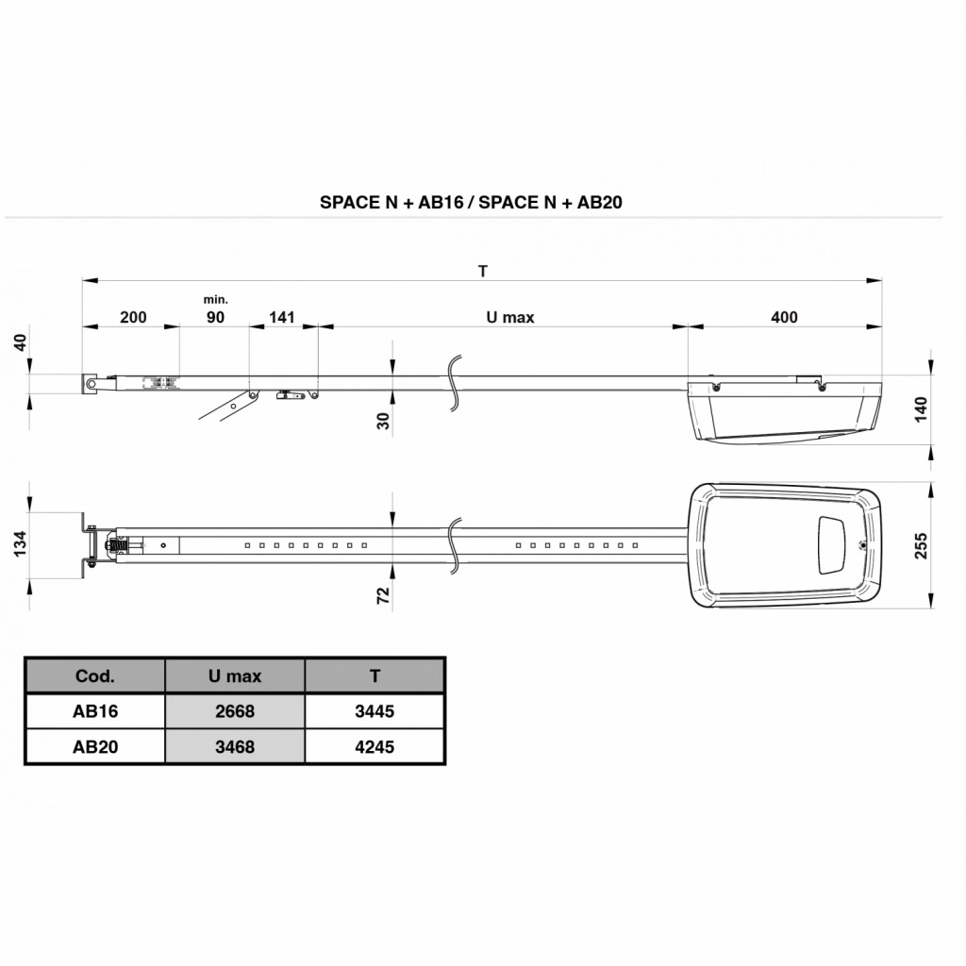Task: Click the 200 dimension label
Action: coord(133,317)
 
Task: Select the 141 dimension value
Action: coord(282,317)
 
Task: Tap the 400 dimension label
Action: coord(784,317)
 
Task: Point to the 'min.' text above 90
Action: coord(216,300)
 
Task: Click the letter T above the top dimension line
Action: coord(483,271)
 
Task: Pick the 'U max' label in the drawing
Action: coord(510,317)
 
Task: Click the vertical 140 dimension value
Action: coord(921,409)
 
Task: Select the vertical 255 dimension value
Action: coord(921,546)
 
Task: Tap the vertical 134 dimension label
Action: coord(21,543)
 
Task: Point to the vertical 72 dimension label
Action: coord(383,595)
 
